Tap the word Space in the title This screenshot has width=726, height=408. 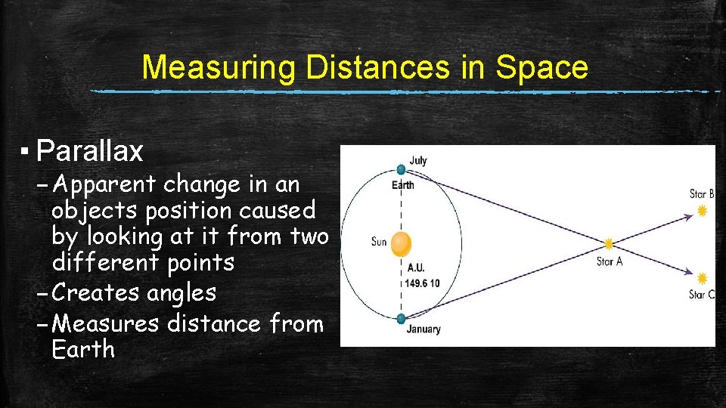(x=542, y=67)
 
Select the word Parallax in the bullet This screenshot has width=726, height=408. (x=89, y=152)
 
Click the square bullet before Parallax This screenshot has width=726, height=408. (x=24, y=151)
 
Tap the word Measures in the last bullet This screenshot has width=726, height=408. (x=107, y=323)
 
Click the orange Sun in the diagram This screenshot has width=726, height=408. (x=400, y=243)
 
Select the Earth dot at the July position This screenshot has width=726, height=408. (x=401, y=170)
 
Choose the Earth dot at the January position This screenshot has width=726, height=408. (x=401, y=318)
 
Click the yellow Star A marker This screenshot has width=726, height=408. (x=608, y=244)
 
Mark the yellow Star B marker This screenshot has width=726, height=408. (x=703, y=211)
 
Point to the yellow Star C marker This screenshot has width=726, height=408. (x=703, y=278)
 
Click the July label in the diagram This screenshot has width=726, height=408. (x=418, y=160)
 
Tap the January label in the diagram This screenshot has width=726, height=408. (x=423, y=329)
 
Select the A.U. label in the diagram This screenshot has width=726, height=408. (x=415, y=268)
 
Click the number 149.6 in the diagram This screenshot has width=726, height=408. (x=416, y=283)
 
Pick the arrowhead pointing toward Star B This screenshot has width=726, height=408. (x=689, y=217)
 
